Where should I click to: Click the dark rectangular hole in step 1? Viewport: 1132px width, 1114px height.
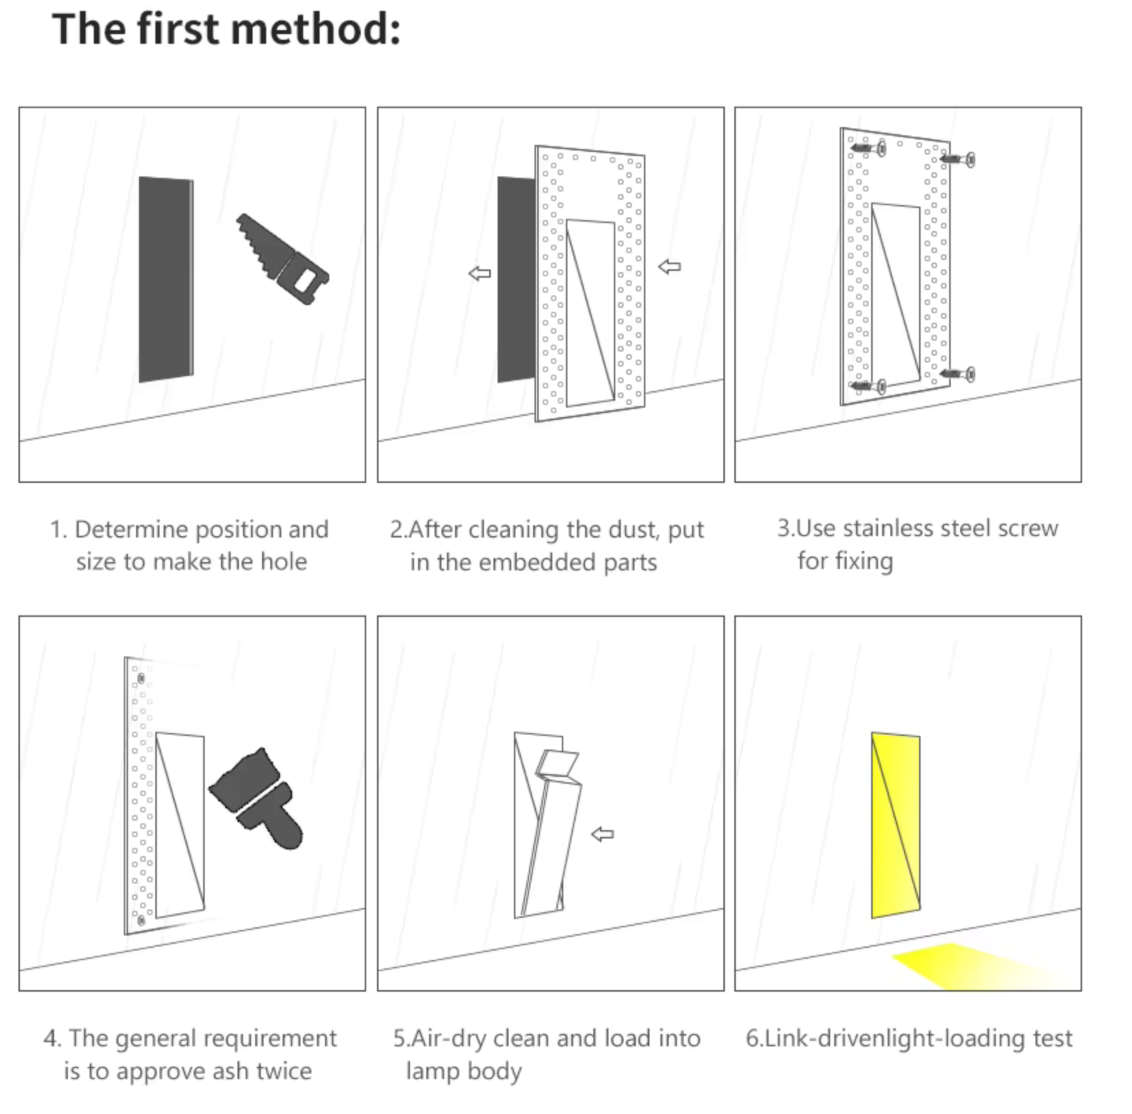click(165, 279)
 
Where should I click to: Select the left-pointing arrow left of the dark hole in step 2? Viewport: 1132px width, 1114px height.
click(480, 274)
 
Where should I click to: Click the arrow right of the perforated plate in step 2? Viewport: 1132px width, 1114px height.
click(669, 267)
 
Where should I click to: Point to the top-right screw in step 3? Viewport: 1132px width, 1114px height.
click(958, 159)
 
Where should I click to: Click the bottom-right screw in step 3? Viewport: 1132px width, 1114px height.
click(958, 374)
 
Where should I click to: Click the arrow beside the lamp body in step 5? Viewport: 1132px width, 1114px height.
click(602, 834)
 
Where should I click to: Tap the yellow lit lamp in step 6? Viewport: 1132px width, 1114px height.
click(895, 825)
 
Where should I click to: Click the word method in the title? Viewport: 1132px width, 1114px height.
click(316, 29)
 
